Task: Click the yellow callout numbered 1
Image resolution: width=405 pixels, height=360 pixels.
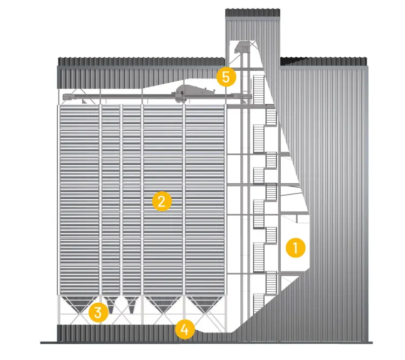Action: point(295,248)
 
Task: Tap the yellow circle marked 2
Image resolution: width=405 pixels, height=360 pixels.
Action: point(161,201)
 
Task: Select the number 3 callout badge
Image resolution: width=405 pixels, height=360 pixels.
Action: point(98,312)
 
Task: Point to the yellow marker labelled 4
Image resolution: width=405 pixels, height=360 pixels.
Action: point(185,329)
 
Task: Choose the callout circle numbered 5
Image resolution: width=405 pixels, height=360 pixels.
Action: point(226,77)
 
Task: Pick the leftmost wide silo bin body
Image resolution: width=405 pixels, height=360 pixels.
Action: point(78,200)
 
